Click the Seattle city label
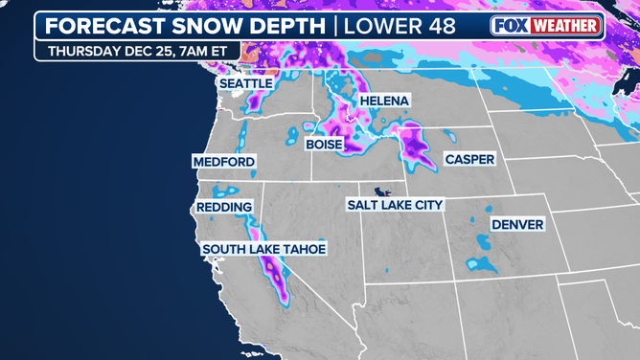[x=246, y=84]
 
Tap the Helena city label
[x=383, y=101]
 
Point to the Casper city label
[x=469, y=158]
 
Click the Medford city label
[x=224, y=163]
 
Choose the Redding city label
[x=224, y=207]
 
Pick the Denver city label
[x=517, y=225]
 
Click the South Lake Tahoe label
[x=263, y=250]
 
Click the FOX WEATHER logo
[x=545, y=26]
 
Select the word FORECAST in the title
[x=100, y=26]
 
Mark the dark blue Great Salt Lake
[x=384, y=190]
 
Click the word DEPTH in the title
[x=286, y=26]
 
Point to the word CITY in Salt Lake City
[x=427, y=205]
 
